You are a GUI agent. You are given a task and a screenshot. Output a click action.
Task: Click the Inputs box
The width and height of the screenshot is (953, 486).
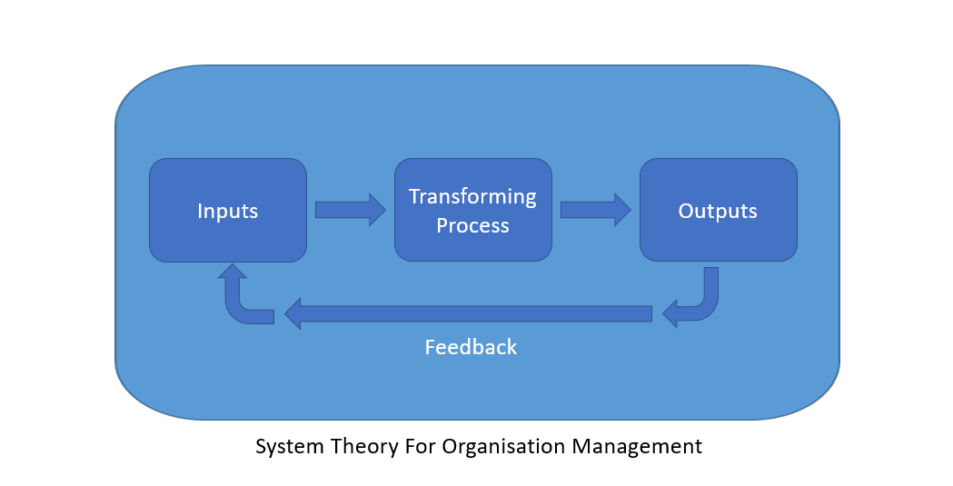pos(228,210)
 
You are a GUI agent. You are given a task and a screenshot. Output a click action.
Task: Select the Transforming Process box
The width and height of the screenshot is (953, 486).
pos(473,210)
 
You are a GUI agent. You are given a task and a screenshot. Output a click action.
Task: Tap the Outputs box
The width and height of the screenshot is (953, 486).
pos(719,210)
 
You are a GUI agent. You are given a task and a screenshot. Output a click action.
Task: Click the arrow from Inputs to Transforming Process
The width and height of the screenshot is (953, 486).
pos(350,210)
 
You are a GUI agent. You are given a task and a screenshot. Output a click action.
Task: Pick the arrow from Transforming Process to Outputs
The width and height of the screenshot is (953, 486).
pos(596,210)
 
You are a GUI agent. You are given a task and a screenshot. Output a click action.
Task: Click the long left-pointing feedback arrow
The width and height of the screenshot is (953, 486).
pos(468,314)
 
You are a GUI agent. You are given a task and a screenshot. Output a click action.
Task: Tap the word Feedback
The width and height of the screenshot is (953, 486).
pos(471,347)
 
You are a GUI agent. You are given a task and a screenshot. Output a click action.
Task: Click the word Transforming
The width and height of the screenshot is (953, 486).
pos(472,197)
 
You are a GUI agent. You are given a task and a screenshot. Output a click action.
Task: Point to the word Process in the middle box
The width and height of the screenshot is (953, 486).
pos(472,225)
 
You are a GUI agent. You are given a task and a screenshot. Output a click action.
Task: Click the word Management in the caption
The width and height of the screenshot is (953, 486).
pos(637,447)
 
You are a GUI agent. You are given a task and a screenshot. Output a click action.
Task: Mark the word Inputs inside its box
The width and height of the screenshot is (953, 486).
pos(228,212)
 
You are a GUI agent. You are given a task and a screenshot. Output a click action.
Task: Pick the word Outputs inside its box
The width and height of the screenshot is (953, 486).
pos(718,212)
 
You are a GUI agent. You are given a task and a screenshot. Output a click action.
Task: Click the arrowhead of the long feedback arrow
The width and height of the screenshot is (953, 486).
pos(293,314)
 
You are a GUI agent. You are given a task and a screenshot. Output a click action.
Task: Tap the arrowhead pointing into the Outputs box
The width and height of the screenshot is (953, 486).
pos(623,210)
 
